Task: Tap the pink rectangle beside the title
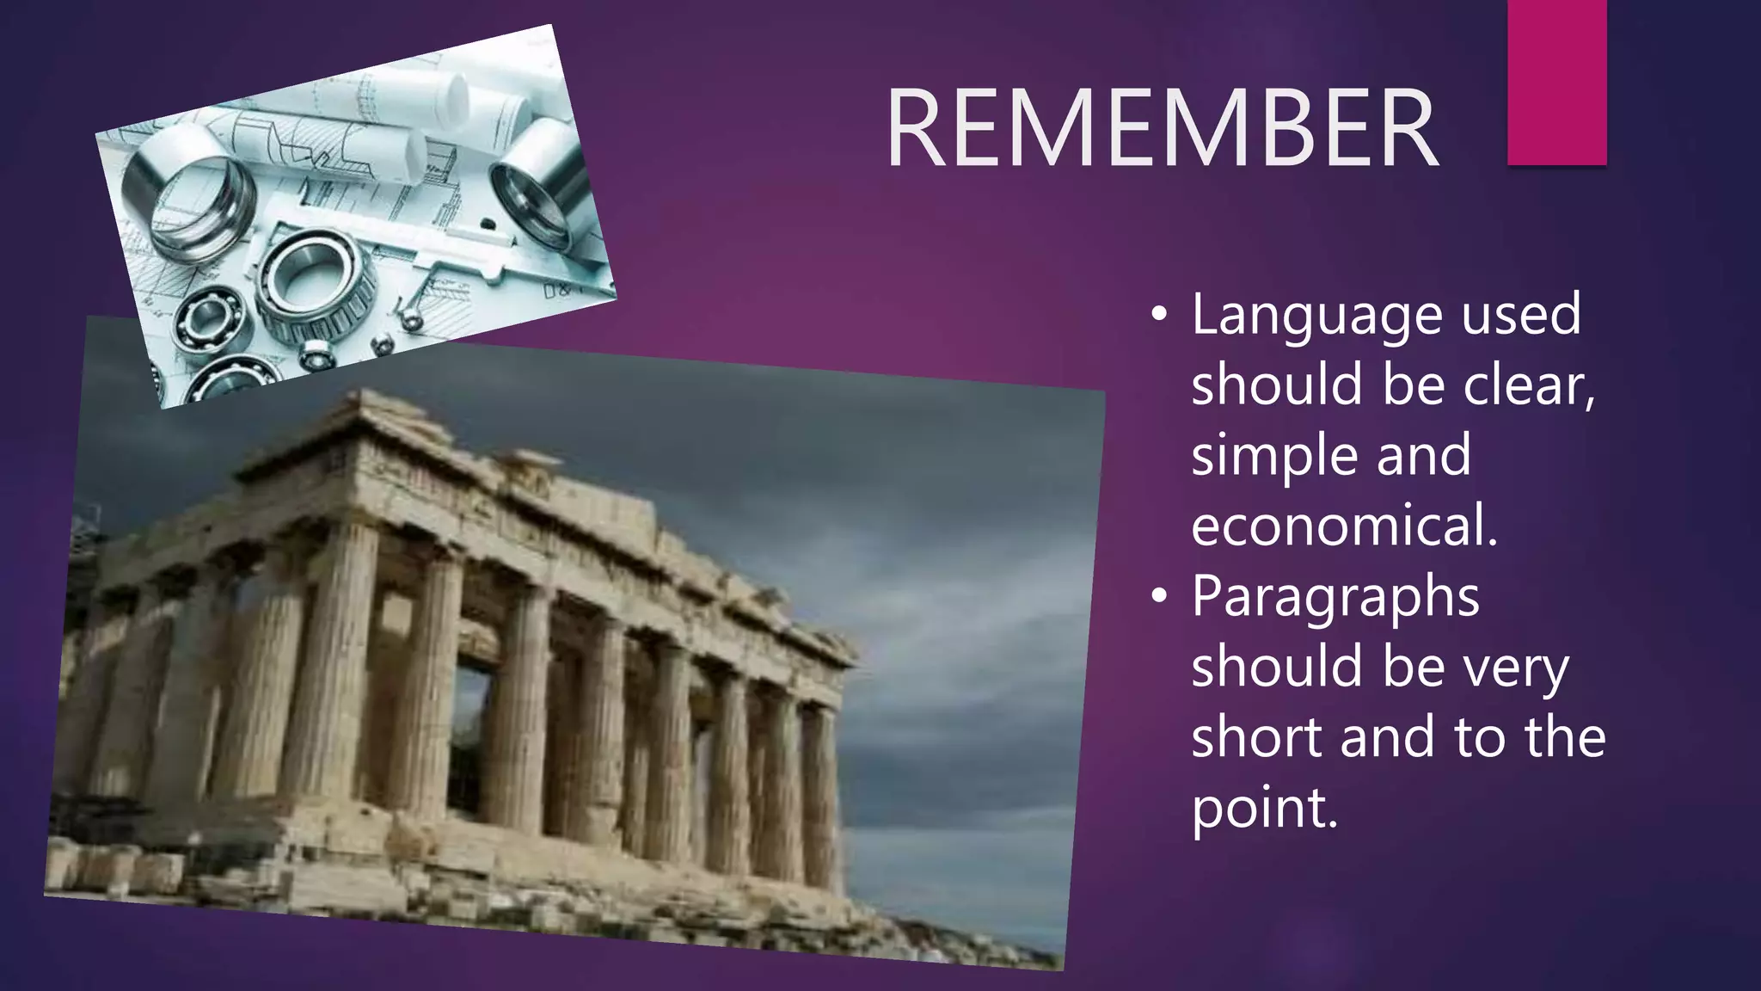click(x=1556, y=82)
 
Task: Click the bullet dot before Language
click(x=1159, y=317)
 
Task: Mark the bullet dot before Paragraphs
click(x=1159, y=597)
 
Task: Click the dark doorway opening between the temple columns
click(x=471, y=740)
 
